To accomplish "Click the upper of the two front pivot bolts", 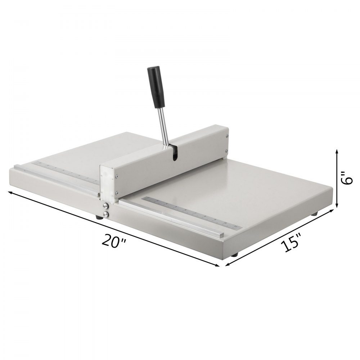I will click(x=105, y=206).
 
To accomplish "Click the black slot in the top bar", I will click(x=175, y=153).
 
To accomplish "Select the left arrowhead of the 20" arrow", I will click(x=10, y=192).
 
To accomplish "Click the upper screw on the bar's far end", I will click(x=226, y=136).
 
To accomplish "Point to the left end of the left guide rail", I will click(x=16, y=167).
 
